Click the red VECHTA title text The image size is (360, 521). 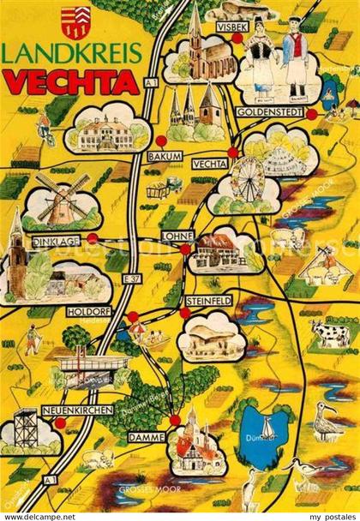72,82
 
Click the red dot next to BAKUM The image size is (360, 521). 160,141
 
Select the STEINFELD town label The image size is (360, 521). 207,301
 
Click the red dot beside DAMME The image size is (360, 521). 175,420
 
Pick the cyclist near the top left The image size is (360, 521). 47,135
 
